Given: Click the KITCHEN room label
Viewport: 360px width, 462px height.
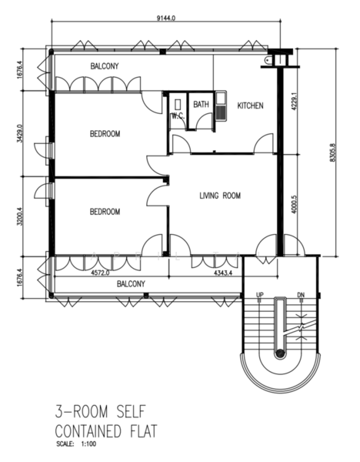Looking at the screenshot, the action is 250,105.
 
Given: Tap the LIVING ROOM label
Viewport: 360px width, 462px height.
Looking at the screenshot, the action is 220,196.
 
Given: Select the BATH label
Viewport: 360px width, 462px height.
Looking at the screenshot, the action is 201,104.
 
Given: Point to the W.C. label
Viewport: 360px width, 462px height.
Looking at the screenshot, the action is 178,116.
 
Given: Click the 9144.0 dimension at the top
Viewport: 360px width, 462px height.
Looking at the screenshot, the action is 166,18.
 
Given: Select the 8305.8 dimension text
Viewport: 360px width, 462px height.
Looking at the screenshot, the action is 332,152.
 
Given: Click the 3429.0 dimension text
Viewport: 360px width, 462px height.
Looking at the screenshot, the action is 20,133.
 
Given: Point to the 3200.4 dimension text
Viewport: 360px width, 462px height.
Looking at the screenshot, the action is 20,216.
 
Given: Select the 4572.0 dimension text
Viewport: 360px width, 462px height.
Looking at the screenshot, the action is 100,273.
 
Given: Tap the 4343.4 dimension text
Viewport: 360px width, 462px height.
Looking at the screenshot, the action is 223,273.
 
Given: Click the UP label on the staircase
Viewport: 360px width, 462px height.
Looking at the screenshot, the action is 260,295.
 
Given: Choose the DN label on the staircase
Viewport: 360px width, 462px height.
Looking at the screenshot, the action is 301,295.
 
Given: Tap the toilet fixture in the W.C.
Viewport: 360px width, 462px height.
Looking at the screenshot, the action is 178,105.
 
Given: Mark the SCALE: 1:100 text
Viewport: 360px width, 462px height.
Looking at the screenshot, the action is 76,444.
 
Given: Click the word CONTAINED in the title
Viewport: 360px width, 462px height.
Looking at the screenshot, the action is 88,431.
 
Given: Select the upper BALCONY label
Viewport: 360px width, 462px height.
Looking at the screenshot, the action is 105,66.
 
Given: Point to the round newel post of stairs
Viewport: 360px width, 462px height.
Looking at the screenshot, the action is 280,353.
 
